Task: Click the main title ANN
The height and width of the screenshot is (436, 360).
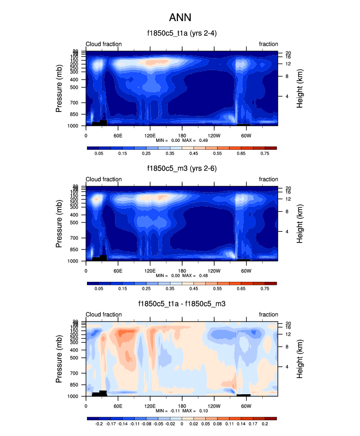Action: click(x=180, y=18)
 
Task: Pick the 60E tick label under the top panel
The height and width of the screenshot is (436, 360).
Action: click(x=118, y=135)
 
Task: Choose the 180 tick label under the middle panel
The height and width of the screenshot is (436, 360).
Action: click(x=182, y=270)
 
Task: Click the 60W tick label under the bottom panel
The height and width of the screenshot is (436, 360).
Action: click(x=247, y=406)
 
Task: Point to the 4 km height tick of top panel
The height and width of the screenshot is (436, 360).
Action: click(x=286, y=96)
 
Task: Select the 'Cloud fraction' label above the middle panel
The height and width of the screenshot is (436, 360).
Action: click(x=104, y=179)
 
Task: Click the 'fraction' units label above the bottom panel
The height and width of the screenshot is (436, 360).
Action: click(x=269, y=315)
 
